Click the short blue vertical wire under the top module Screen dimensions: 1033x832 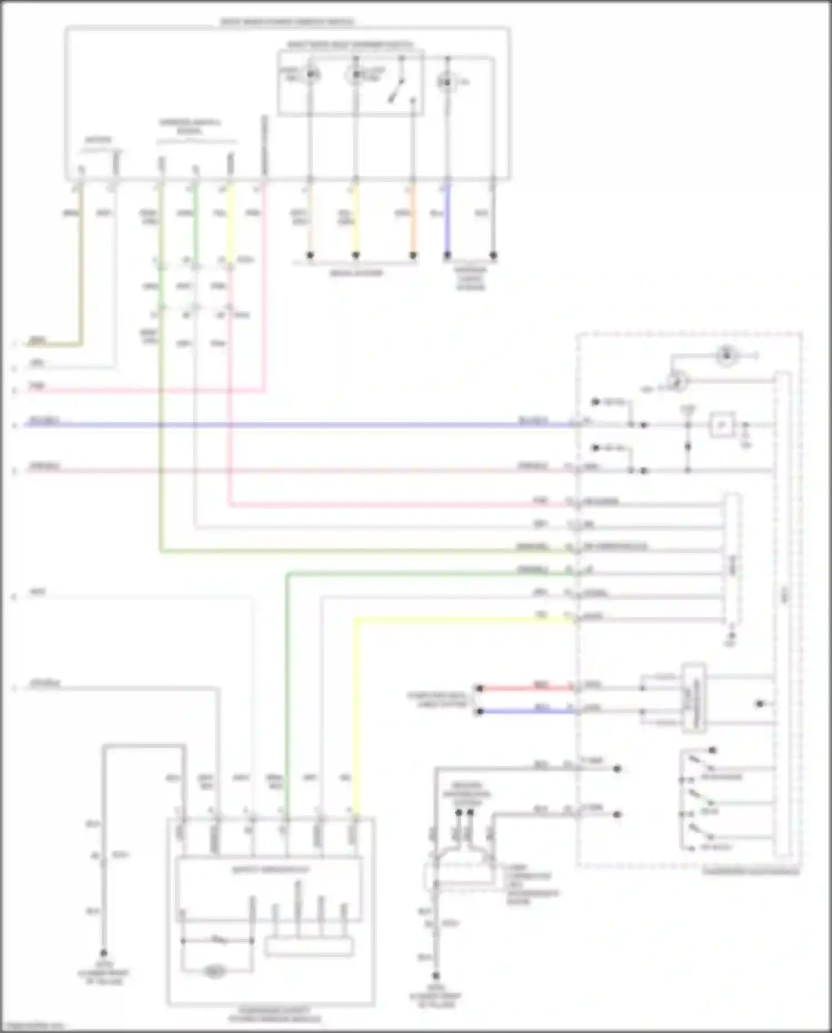tap(447, 219)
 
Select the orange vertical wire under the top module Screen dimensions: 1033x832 tap(413, 219)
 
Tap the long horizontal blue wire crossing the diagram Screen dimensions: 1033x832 tap(277, 425)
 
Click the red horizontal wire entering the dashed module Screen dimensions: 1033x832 tap(527, 688)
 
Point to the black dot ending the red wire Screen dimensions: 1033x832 tap(480, 688)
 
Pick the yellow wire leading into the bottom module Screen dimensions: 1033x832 tap(356, 722)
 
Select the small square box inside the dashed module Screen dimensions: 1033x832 tap(723, 425)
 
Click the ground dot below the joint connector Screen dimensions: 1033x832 tap(436, 976)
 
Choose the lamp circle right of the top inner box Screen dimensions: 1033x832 tap(445, 83)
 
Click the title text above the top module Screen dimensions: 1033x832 tap(287, 22)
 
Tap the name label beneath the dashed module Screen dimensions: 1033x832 tap(751, 872)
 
